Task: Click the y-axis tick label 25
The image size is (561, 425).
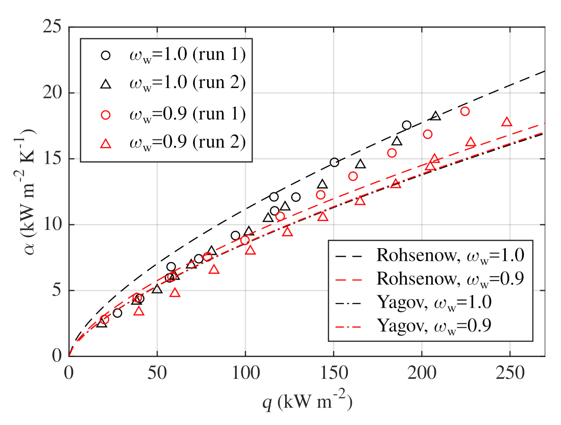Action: tap(52, 27)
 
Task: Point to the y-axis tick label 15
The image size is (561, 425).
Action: tap(52, 159)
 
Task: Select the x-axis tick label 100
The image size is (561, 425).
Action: tap(245, 373)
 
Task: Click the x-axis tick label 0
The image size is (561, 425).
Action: tap(69, 373)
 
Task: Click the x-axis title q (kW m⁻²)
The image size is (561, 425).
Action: tap(307, 400)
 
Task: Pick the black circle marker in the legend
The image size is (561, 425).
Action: tap(106, 55)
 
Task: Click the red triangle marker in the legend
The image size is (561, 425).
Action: tap(106, 144)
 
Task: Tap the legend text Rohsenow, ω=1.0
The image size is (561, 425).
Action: tap(450, 255)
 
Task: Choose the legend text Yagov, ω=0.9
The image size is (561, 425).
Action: tap(434, 326)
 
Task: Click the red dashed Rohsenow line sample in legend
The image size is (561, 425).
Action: tap(348, 280)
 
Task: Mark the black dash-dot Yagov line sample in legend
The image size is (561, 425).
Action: tap(348, 303)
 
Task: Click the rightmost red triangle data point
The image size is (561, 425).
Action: tap(506, 122)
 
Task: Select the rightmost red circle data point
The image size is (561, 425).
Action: tap(465, 111)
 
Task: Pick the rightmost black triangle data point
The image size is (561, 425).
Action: tap(435, 116)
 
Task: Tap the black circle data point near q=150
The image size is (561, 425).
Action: tap(334, 162)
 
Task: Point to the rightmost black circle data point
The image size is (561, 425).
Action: tap(407, 125)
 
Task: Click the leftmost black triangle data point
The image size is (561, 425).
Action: tap(101, 323)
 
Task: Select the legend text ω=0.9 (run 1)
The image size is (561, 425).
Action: tap(187, 115)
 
